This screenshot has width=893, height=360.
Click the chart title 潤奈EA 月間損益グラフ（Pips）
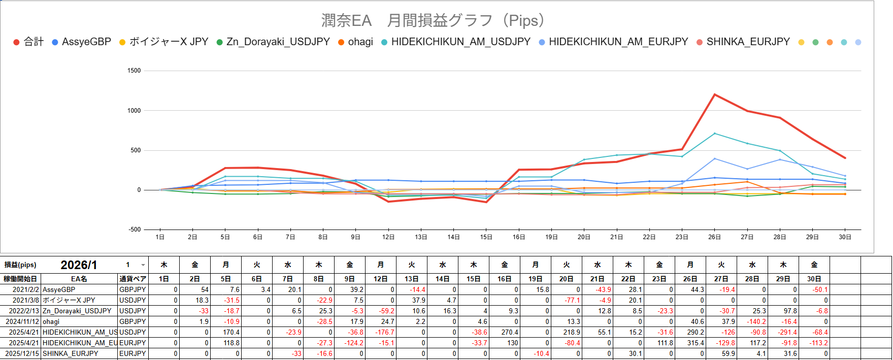(434, 21)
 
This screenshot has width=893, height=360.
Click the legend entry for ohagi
(360, 42)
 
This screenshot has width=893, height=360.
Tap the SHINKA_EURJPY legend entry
(748, 42)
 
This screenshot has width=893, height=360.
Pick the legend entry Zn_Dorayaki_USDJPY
(278, 42)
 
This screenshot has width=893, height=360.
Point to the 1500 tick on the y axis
(134, 71)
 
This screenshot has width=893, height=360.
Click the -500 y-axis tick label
(134, 230)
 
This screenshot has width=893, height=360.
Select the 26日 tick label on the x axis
(714, 237)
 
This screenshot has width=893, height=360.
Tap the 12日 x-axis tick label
(388, 237)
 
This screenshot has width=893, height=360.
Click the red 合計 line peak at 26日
(714, 94)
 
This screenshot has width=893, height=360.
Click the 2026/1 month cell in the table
(79, 265)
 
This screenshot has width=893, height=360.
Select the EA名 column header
(79, 279)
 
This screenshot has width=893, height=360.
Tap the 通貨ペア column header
(133, 279)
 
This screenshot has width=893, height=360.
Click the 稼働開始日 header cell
(20, 279)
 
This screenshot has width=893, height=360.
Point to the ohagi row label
(51, 321)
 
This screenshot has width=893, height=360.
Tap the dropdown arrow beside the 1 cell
(143, 265)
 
